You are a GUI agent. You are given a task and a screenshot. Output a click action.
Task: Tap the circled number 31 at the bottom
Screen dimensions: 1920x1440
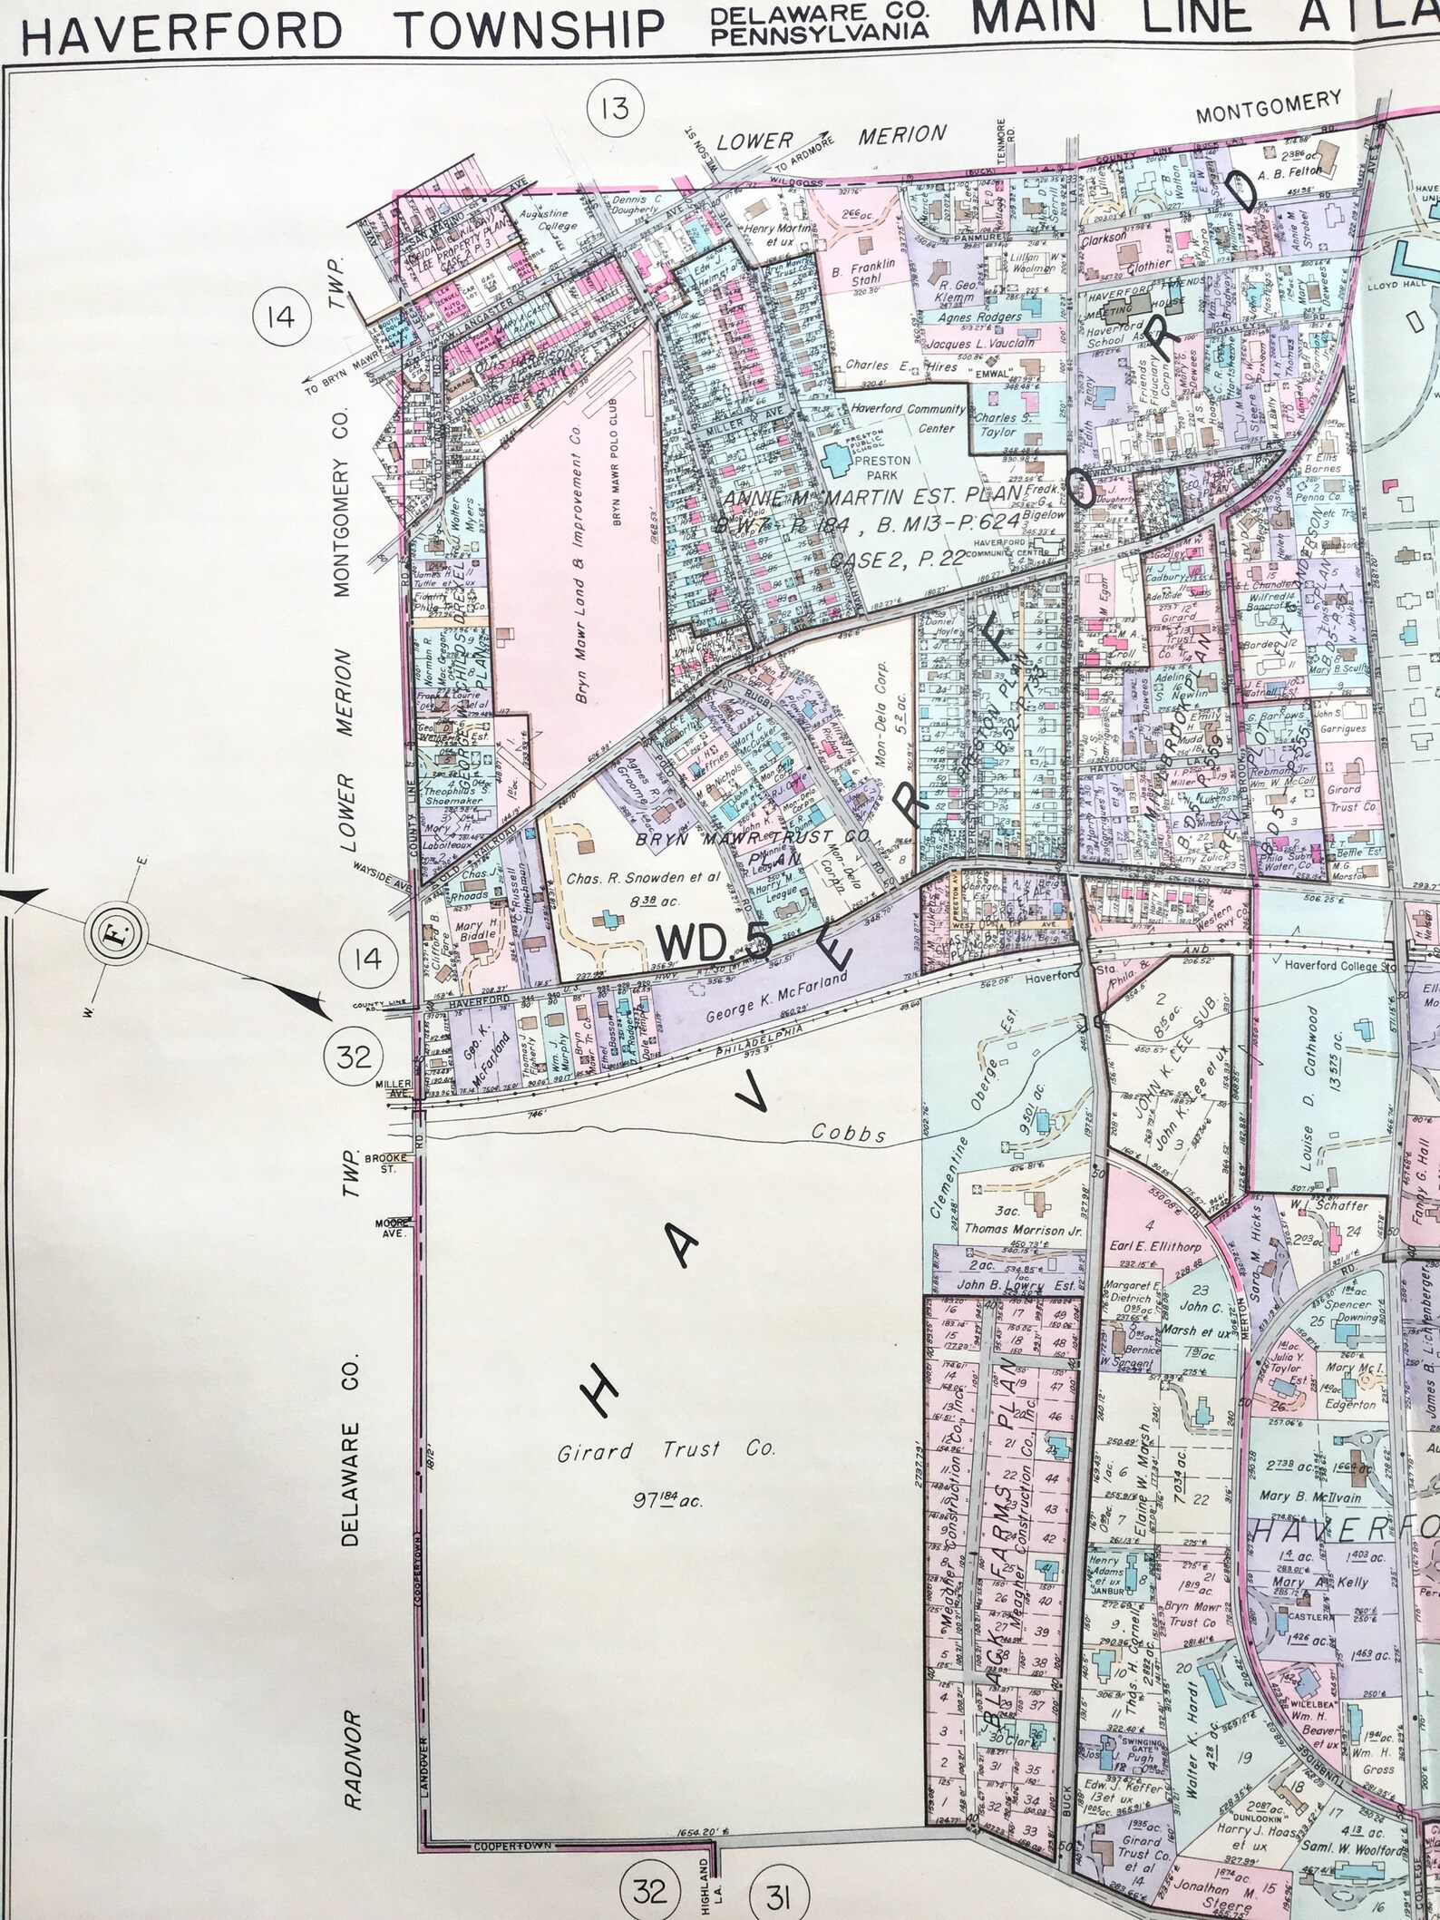769,1888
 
